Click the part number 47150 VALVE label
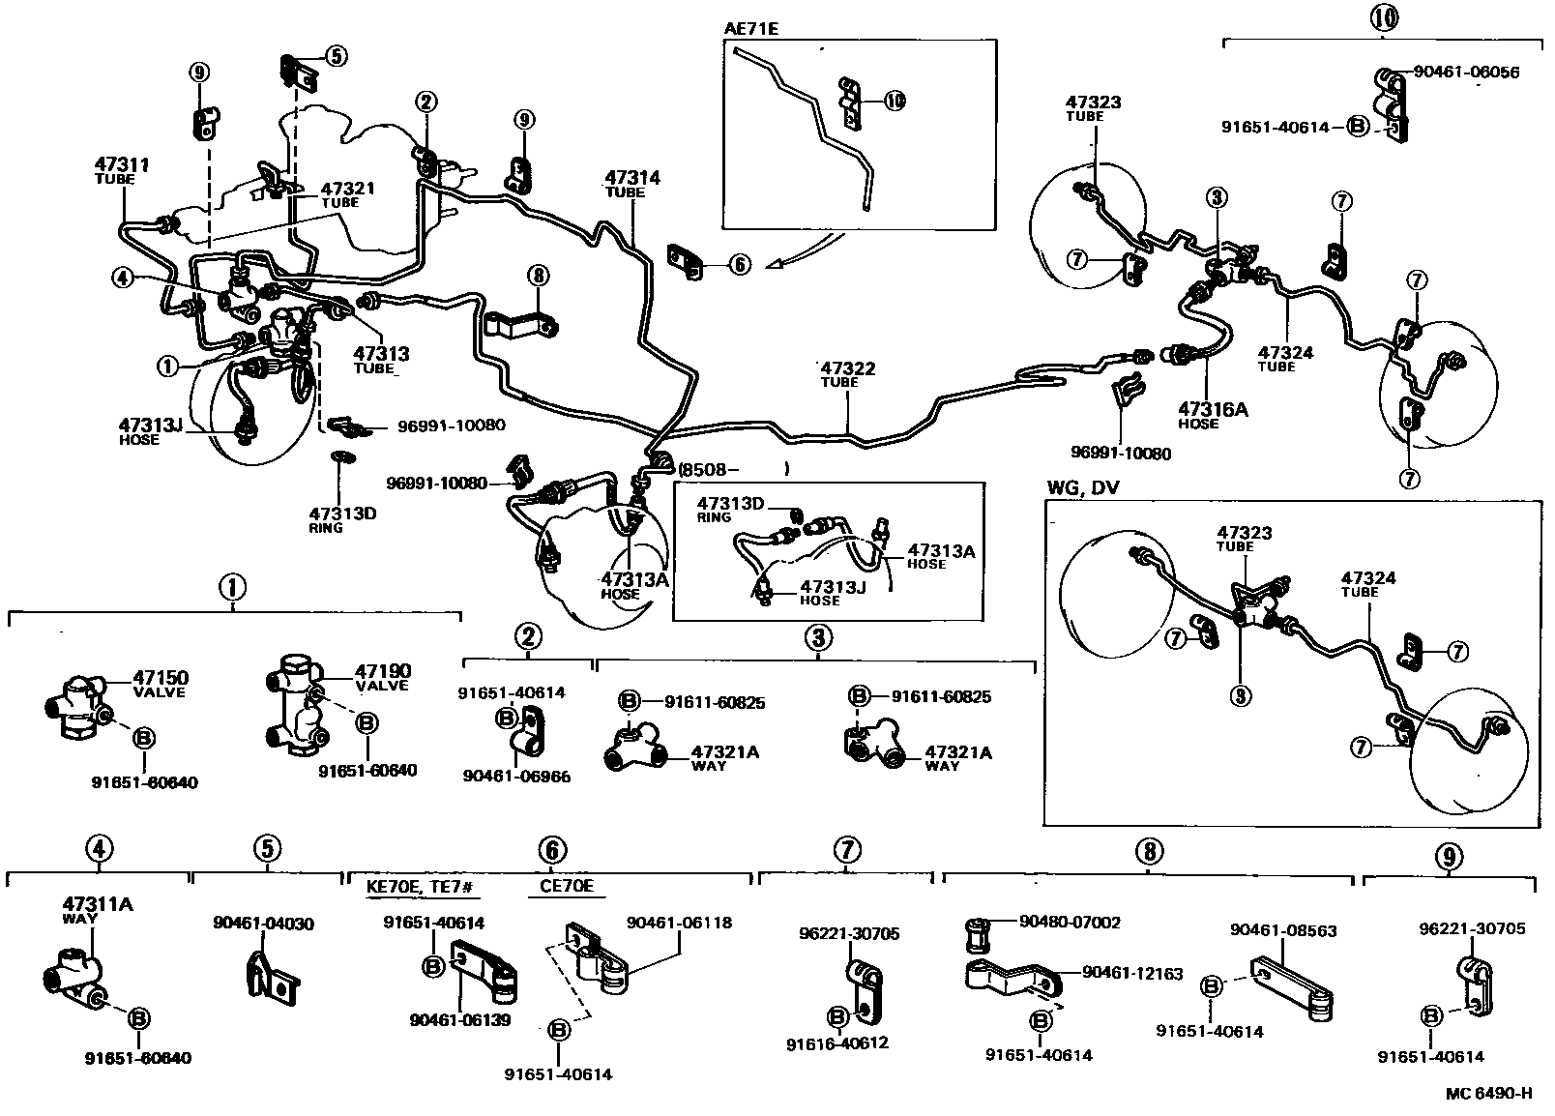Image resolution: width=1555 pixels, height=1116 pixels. (x=161, y=683)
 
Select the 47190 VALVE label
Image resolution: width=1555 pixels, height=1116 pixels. (x=382, y=676)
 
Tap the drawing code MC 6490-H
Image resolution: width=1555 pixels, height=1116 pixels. (x=1489, y=1094)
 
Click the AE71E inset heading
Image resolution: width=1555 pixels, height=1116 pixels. (x=751, y=28)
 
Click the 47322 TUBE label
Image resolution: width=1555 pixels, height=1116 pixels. (x=848, y=373)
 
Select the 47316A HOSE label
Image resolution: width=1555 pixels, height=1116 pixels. (x=1212, y=415)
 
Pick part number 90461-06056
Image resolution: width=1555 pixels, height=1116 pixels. (x=1466, y=72)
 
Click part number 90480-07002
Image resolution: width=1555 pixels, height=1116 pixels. (x=1070, y=922)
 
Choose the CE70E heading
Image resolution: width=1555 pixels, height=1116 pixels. (x=560, y=886)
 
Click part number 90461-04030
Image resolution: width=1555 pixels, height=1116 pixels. (x=263, y=923)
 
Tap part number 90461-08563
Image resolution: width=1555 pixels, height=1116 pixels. (x=1283, y=930)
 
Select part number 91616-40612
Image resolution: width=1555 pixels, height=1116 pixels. (x=836, y=1043)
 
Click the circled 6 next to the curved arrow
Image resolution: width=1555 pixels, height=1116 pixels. (x=740, y=263)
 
